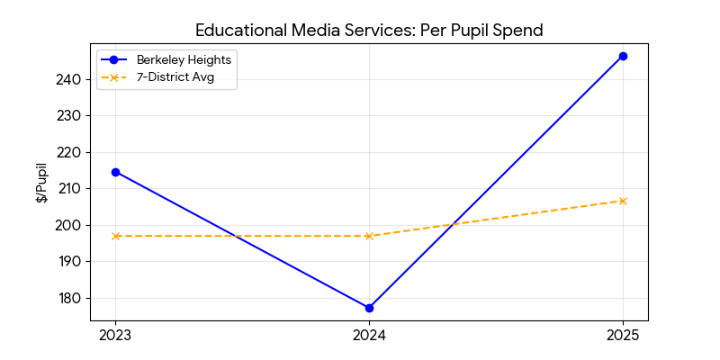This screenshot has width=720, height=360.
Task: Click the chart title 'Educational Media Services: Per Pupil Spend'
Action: tap(369, 31)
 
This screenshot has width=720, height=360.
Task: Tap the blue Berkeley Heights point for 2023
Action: tap(115, 172)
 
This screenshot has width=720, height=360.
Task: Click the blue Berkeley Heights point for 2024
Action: tap(369, 308)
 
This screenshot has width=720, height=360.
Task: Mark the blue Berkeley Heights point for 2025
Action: tap(623, 56)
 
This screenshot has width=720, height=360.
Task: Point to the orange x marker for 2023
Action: tap(115, 236)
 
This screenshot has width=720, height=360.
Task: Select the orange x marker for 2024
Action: tap(369, 236)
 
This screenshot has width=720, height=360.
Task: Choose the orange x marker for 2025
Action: tap(623, 201)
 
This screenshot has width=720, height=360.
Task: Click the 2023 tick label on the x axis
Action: tap(115, 336)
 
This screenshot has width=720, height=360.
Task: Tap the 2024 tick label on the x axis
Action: tap(369, 336)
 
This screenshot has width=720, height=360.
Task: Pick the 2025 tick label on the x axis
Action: tap(623, 336)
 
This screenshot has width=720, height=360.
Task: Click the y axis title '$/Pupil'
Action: tap(41, 183)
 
